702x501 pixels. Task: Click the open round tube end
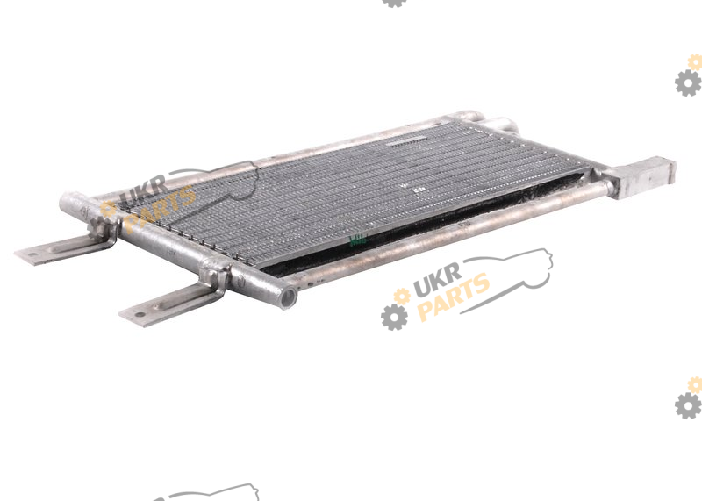click(288, 297)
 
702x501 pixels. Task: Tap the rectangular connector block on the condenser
click(646, 177)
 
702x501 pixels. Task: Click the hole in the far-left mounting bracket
click(32, 254)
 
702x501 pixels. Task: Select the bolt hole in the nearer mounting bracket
click(140, 315)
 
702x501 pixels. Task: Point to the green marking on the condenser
click(358, 240)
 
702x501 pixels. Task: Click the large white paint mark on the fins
click(419, 190)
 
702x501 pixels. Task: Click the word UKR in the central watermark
click(437, 280)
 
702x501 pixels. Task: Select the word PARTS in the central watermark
click(454, 297)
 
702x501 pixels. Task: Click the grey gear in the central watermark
click(394, 317)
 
